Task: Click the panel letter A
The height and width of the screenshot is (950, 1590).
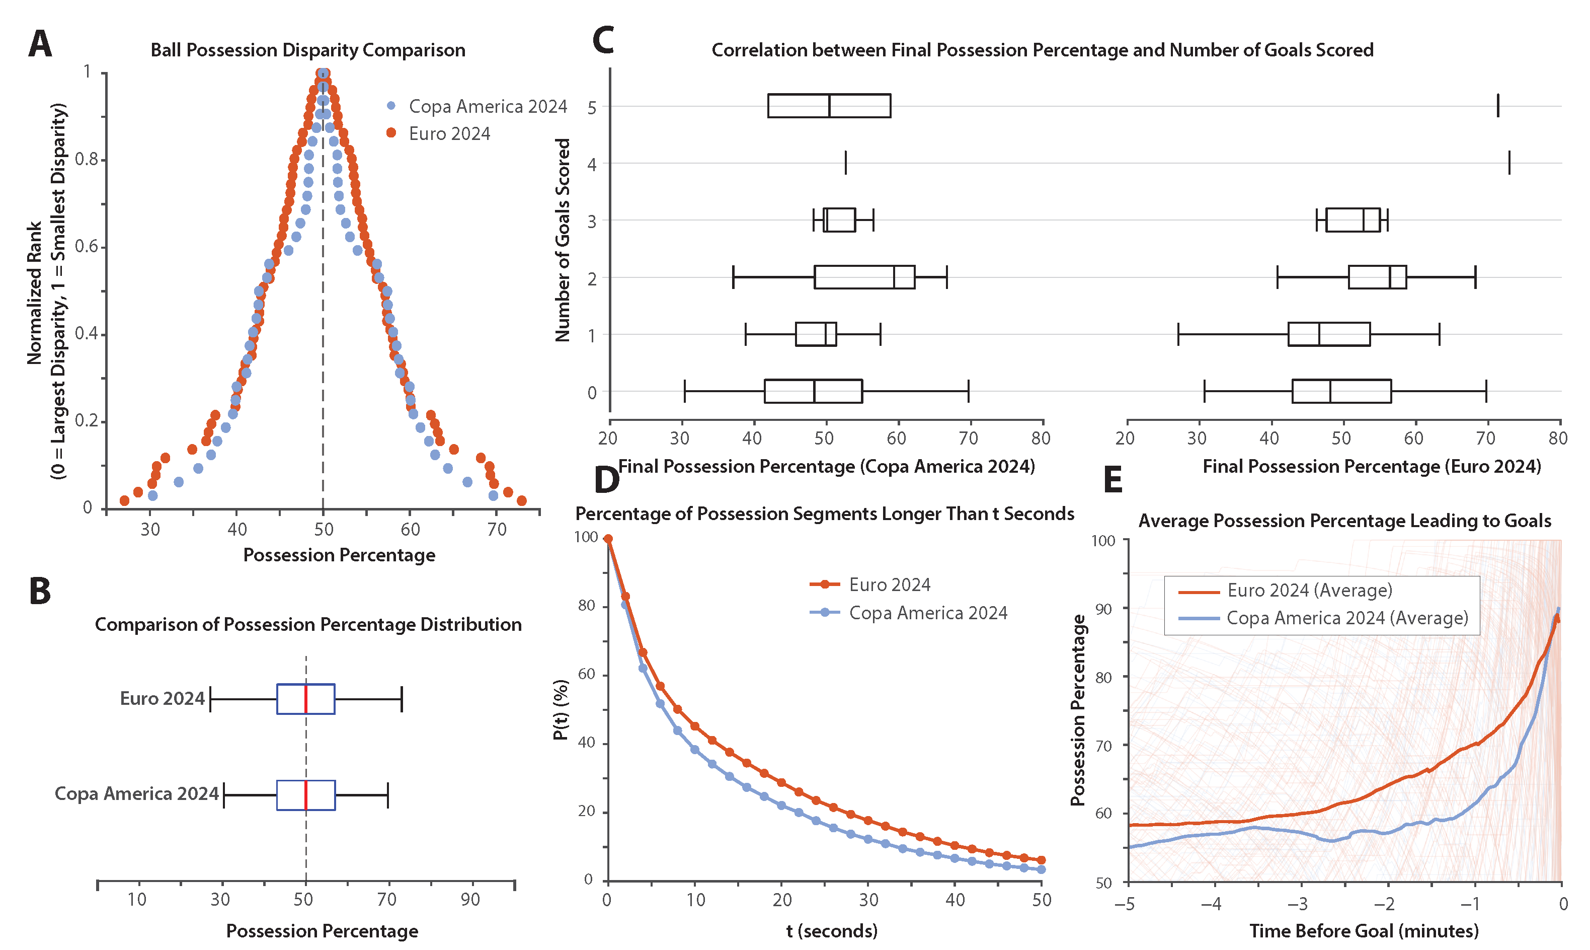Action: [40, 45]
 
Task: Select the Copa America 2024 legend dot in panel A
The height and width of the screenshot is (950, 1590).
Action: [391, 106]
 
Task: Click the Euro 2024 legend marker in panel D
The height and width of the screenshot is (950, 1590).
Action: [825, 584]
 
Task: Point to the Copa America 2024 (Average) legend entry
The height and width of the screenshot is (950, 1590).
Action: [1347, 618]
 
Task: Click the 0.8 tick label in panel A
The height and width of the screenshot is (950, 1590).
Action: [87, 160]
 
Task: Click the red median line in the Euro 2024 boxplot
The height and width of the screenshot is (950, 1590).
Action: [306, 698]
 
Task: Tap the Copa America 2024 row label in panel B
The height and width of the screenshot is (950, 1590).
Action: [136, 794]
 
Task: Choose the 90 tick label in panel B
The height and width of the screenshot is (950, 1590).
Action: [470, 900]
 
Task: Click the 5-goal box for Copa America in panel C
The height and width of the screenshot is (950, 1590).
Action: [829, 106]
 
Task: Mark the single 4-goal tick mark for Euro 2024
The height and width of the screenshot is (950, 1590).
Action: [1509, 163]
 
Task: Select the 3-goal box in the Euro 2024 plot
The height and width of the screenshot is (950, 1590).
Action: [1353, 220]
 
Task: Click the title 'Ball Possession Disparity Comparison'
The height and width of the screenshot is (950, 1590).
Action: [308, 50]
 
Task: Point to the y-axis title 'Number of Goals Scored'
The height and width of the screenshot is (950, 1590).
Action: [563, 240]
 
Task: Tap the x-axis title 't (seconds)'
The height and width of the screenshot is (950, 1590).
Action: [832, 931]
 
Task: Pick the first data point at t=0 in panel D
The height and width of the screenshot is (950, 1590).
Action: [608, 539]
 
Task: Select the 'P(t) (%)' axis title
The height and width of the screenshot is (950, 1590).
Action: [561, 709]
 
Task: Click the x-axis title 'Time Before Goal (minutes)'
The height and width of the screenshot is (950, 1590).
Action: [1364, 931]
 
